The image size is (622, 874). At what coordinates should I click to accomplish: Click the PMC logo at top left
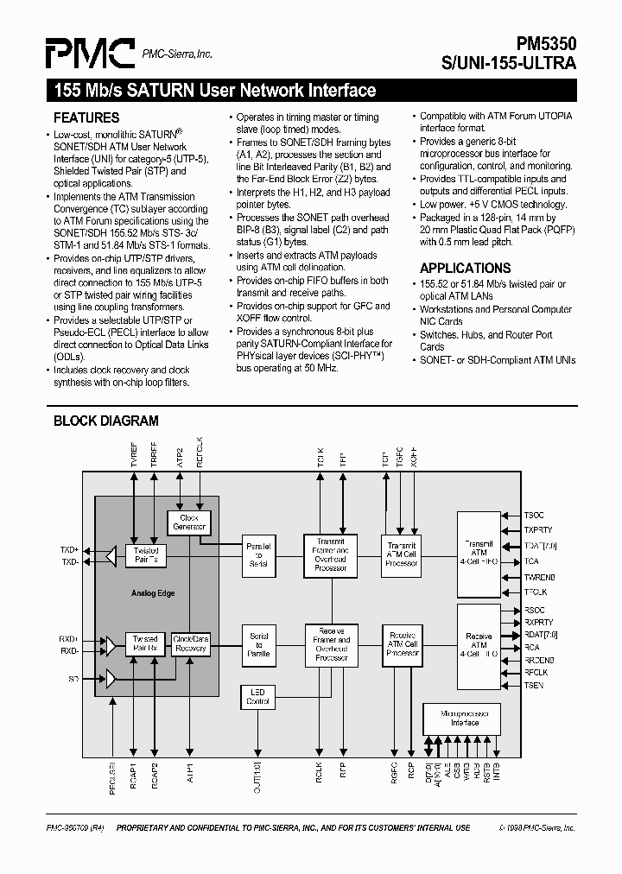tap(91, 53)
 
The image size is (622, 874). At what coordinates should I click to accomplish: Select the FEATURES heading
tap(86, 118)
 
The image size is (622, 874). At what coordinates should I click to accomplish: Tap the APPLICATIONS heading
tap(465, 269)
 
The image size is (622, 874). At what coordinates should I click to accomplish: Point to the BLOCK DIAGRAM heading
tap(106, 421)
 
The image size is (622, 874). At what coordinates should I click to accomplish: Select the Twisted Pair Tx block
tap(146, 555)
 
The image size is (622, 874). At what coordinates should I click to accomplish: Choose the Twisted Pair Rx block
tap(146, 643)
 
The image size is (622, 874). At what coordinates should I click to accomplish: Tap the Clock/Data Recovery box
tap(190, 643)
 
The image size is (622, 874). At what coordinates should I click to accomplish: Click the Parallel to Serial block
tap(258, 555)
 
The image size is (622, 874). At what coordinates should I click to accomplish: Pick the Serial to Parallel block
tap(258, 644)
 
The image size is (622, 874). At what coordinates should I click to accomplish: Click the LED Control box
tap(258, 696)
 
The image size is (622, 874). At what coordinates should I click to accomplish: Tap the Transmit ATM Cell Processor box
tap(402, 554)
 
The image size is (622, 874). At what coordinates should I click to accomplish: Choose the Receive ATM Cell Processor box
tap(402, 644)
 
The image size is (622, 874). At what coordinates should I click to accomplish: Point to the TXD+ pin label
tap(69, 549)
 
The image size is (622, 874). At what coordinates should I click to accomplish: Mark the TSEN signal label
tap(535, 685)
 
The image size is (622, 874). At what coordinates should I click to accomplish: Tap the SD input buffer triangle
tap(111, 679)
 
